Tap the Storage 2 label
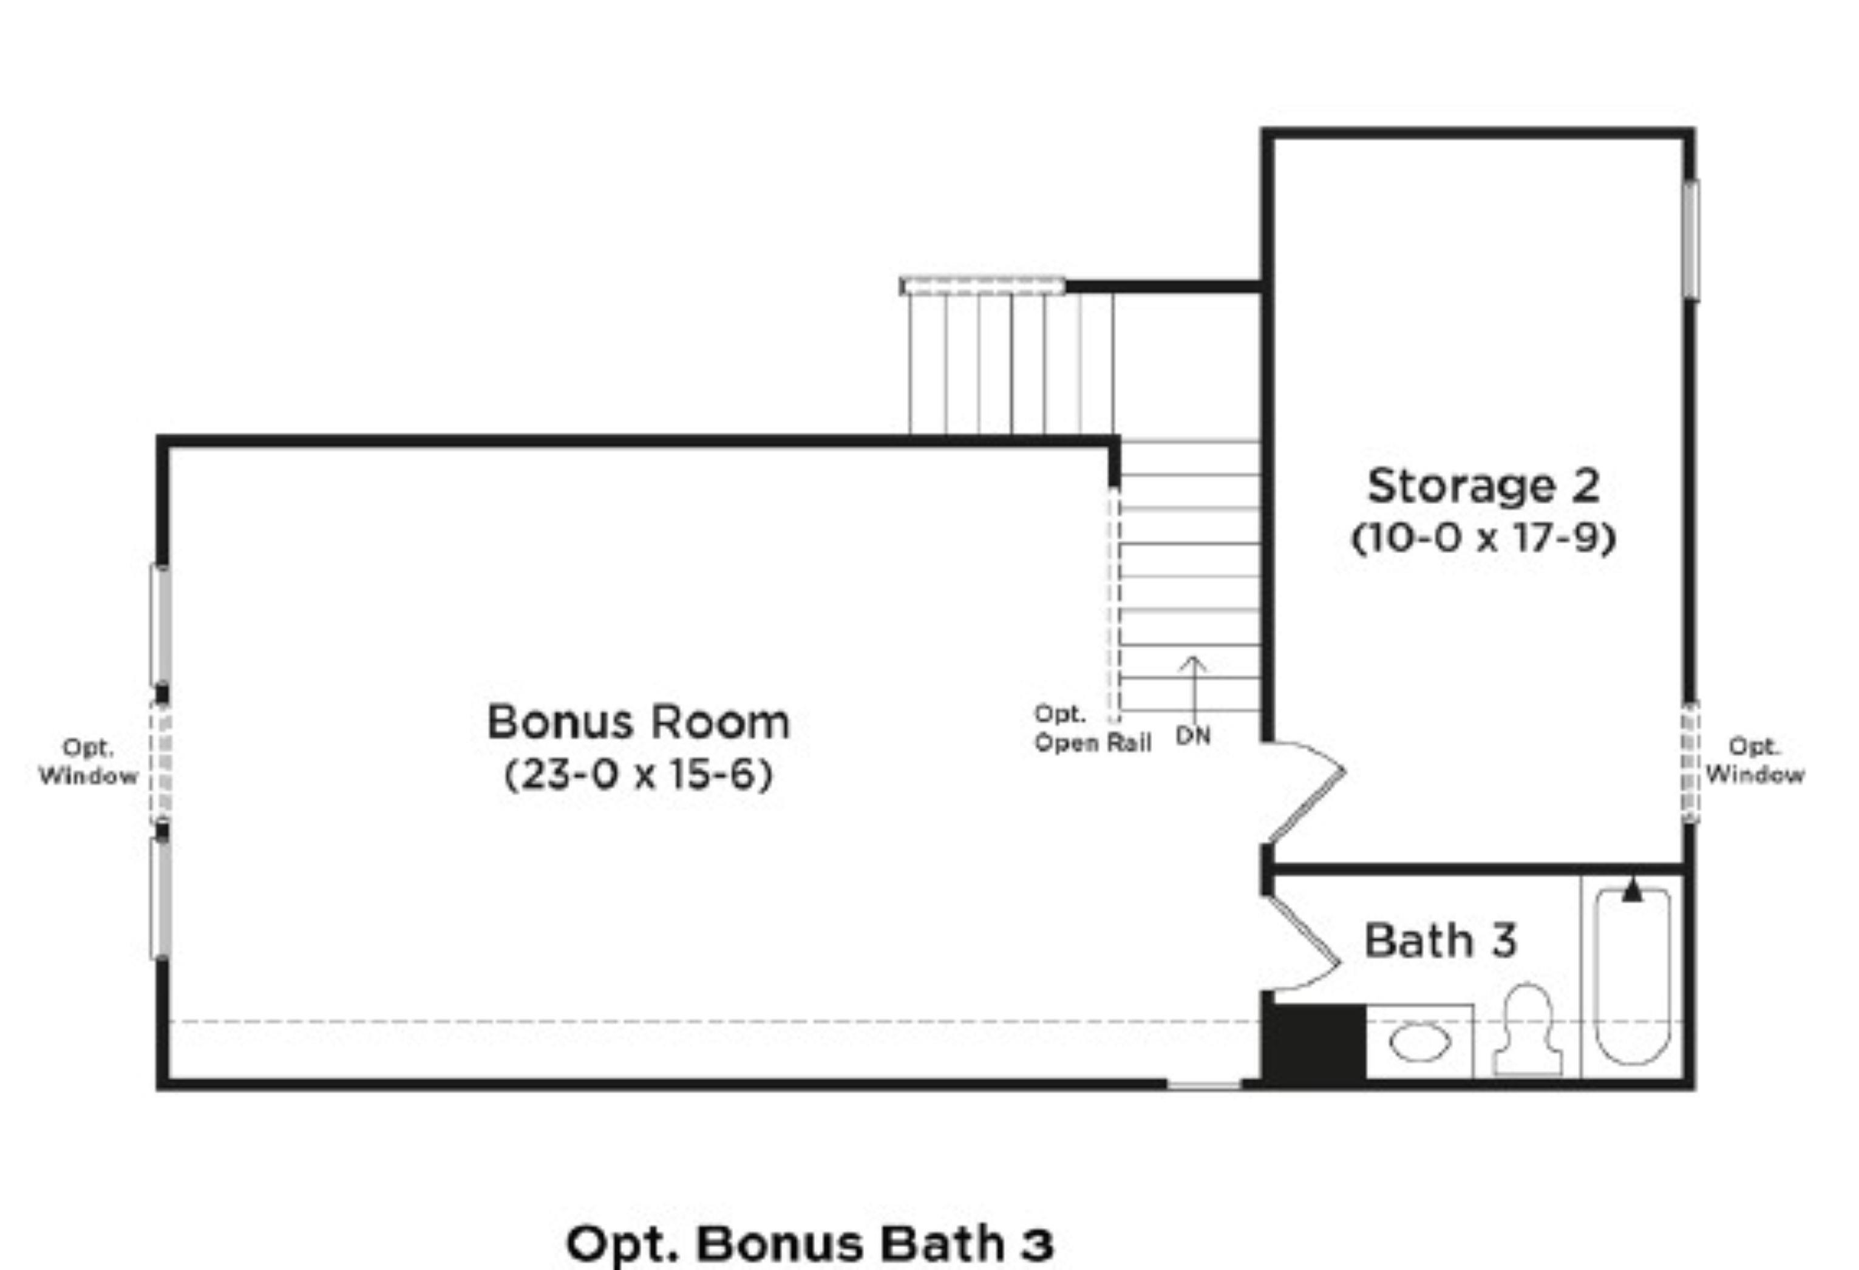click(1483, 486)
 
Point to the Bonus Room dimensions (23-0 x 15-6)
click(638, 774)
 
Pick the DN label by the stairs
click(1192, 736)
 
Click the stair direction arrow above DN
click(1194, 690)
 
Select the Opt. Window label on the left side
click(88, 762)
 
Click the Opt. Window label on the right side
click(1755, 761)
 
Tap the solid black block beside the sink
click(1314, 1041)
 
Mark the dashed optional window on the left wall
click(161, 762)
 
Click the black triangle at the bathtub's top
click(1633, 890)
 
